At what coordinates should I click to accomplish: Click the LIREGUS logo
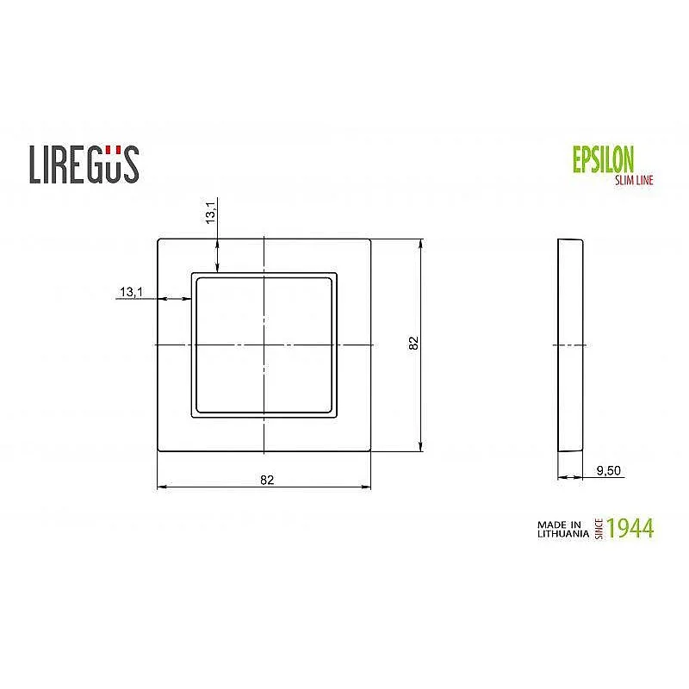tap(84, 164)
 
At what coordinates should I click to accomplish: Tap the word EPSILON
tap(603, 160)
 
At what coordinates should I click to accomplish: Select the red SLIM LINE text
tap(633, 179)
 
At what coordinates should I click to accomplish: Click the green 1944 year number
tap(630, 527)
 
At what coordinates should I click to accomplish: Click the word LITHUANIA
tap(562, 533)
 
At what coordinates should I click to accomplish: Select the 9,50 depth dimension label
tap(609, 470)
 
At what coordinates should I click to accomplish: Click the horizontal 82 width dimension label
tap(266, 481)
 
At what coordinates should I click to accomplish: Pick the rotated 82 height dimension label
tap(413, 344)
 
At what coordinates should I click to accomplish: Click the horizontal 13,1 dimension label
tap(130, 293)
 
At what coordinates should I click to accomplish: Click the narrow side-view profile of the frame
tap(570, 344)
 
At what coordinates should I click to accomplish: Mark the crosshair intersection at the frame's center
tap(264, 344)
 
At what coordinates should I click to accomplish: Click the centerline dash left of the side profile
tap(556, 344)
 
